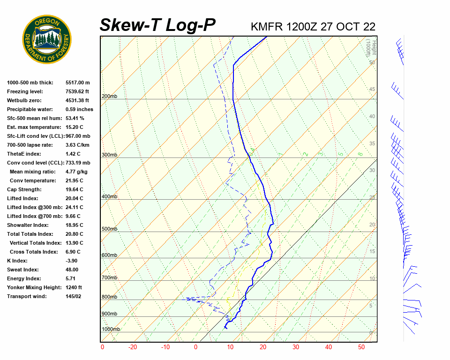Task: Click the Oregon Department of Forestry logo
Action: [47, 39]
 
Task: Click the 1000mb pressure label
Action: [111, 329]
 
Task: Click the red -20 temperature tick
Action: [133, 347]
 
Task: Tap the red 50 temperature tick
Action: [361, 347]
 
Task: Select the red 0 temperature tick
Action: [195, 347]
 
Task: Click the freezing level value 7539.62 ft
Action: [77, 91]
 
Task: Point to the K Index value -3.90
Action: [73, 261]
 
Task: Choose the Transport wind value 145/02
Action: [74, 296]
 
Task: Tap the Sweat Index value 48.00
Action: [72, 270]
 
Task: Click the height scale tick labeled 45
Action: [372, 90]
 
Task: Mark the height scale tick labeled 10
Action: [372, 279]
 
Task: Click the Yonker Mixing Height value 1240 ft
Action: [74, 287]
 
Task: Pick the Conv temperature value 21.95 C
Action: [75, 180]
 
